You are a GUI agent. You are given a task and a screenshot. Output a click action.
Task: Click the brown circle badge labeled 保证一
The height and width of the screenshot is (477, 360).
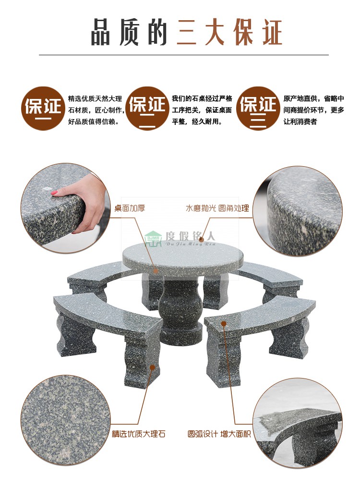43,108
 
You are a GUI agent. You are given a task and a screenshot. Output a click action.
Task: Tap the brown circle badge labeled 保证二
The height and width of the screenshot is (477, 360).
148,108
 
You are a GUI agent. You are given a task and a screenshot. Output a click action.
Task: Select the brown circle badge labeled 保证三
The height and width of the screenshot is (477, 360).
258,108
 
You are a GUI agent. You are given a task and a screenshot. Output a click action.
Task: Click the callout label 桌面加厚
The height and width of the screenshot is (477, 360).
129,208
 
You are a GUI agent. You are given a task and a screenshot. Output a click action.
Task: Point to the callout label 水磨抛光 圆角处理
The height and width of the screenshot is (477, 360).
217,208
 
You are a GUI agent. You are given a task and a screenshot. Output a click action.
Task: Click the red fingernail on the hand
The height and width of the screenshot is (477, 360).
55,193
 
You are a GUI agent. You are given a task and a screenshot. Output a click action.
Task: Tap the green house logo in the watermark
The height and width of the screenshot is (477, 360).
154,239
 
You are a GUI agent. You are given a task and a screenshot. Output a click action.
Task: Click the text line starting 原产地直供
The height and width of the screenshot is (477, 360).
313,98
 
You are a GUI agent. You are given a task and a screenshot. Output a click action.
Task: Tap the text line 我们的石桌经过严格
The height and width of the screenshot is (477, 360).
202,98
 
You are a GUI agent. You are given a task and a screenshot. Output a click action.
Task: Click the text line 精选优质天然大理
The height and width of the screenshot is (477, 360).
95,98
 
